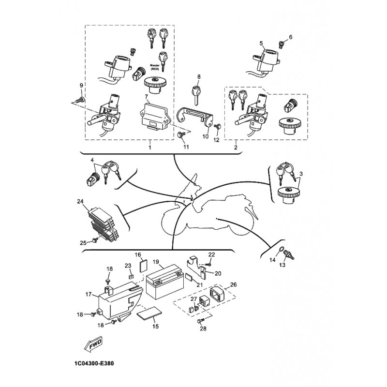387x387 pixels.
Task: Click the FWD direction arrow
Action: point(93,343)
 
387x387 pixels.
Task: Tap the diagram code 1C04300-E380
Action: point(94,363)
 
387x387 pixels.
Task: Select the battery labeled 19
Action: point(165,282)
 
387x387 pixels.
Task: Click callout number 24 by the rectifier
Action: point(80,201)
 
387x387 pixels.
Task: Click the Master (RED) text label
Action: point(155,67)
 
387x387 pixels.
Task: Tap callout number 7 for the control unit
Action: point(146,96)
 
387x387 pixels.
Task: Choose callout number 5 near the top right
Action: point(261,44)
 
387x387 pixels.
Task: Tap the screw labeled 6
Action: point(282,45)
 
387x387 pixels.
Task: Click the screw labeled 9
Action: point(80,100)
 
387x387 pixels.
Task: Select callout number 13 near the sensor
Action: point(282,265)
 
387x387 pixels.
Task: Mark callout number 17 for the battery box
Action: point(89,295)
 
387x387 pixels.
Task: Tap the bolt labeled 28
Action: point(200,321)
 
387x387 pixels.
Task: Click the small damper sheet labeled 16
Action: point(143,266)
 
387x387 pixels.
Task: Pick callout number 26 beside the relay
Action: point(233,284)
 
